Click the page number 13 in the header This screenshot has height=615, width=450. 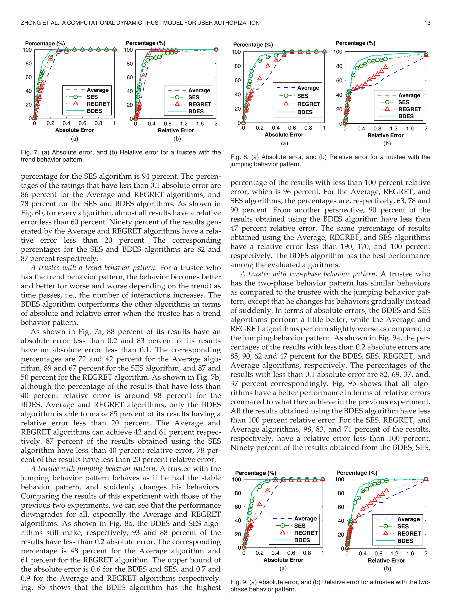tap(427, 23)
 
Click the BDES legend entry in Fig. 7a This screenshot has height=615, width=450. tap(94, 111)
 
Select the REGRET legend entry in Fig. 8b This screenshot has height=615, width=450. tap(409, 109)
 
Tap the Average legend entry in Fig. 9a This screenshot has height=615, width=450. tap(305, 518)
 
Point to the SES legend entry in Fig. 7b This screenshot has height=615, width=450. tap(194, 97)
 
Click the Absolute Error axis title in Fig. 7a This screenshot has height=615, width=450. tap(74, 130)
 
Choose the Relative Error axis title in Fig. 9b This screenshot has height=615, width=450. tap(386, 560)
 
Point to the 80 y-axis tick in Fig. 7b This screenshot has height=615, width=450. tap(130, 64)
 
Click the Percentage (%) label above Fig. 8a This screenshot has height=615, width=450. tap(253, 45)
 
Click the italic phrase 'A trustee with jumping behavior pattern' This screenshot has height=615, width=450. tap(93, 469)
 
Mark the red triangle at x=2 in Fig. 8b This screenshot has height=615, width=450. tap(426, 55)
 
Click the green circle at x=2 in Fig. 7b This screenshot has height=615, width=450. tap(216, 49)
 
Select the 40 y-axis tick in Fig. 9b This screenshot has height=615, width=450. tap(341, 521)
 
